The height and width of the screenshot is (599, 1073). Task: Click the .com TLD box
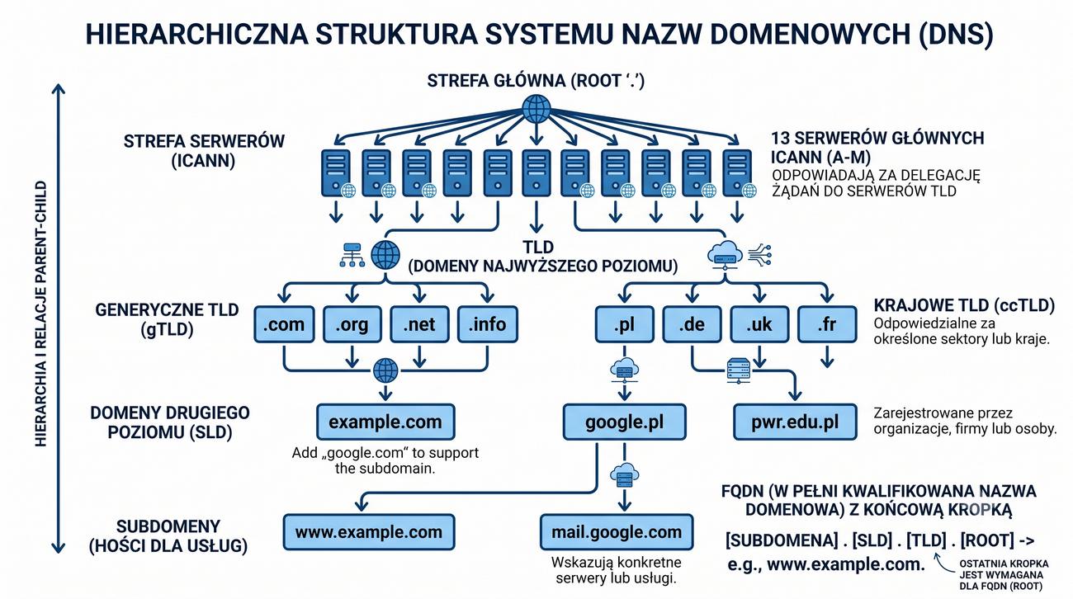coord(284,324)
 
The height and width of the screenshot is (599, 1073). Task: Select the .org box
coord(352,324)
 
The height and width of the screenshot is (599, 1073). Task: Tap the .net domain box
coord(419,324)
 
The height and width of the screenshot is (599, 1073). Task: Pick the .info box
coord(488,324)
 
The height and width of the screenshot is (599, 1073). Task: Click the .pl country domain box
coord(625,324)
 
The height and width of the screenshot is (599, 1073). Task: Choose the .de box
coord(692,324)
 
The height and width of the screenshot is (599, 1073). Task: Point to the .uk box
coord(759,324)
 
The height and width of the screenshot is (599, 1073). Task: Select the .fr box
coord(827,324)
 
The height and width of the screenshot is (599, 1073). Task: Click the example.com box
coord(385,422)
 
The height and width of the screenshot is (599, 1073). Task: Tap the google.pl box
coord(625,422)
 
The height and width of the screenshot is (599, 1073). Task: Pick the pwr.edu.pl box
coord(795,422)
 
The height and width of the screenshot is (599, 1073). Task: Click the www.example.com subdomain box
coord(369,532)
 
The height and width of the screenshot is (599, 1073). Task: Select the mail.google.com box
coord(617,532)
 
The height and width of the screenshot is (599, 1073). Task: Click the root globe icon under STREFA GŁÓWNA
coord(536,109)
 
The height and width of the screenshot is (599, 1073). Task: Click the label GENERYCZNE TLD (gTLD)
coord(168,320)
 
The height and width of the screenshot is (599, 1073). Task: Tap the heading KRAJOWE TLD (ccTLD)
coord(964,305)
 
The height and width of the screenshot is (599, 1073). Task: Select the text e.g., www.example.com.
coord(826,564)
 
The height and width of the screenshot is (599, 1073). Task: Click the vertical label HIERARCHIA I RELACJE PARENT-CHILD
coord(41,314)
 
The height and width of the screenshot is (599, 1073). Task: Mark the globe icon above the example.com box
coord(385,370)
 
